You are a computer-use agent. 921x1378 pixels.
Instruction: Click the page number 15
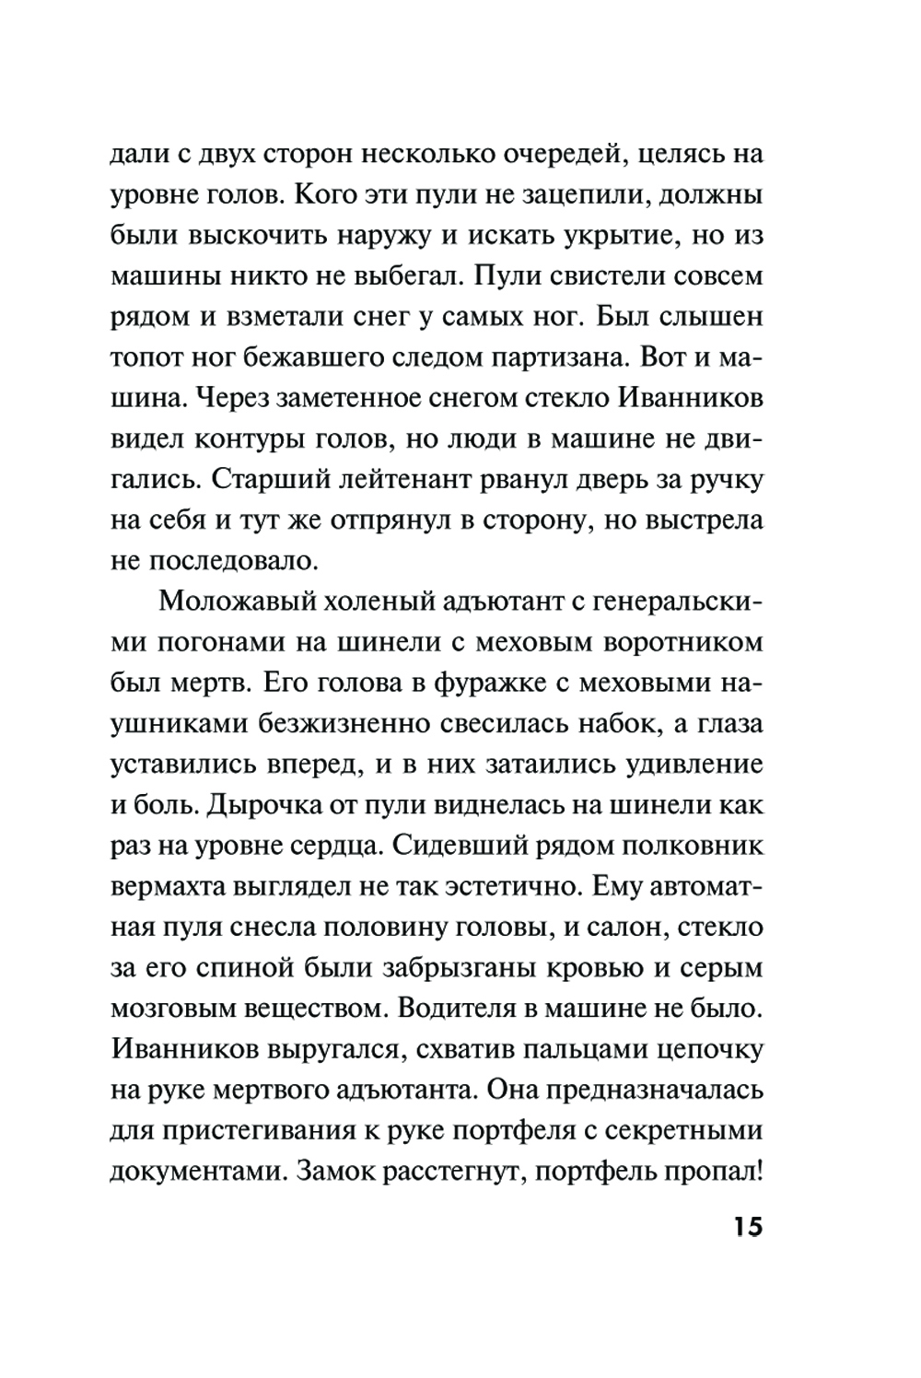tap(748, 1228)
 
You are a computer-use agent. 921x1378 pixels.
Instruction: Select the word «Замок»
tap(355, 1171)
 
